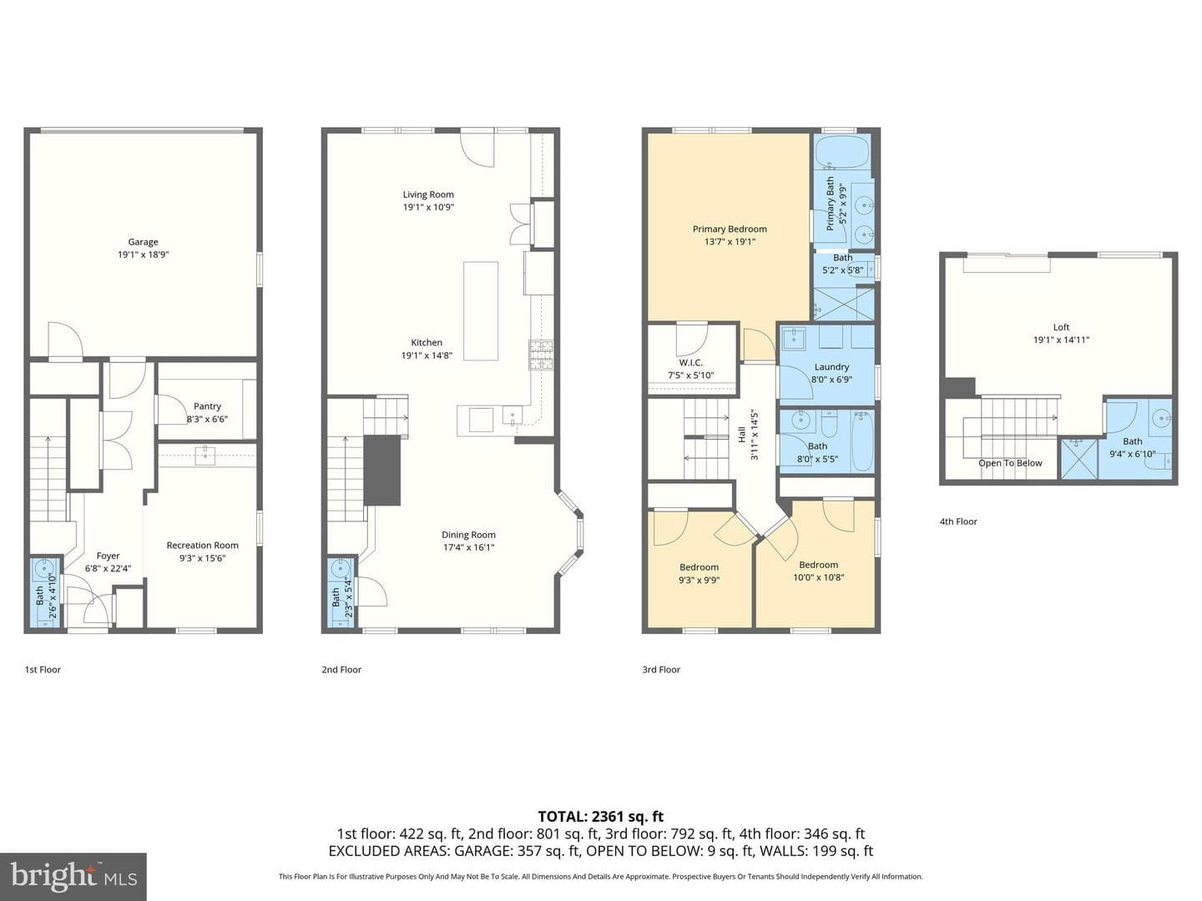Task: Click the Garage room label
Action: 143,242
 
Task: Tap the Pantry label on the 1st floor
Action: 207,406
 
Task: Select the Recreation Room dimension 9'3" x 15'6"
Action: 203,558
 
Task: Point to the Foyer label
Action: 108,556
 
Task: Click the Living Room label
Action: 428,194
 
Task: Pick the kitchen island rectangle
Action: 481,310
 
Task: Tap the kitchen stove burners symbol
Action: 541,355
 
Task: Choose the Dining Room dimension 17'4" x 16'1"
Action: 469,547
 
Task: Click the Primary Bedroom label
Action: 730,229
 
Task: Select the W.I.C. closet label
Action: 690,363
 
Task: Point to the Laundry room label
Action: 831,367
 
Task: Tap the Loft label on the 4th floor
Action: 1061,327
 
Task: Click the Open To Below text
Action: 1010,463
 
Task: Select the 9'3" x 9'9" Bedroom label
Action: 699,567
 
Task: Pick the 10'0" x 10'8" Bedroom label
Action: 818,565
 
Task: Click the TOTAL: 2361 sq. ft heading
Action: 601,817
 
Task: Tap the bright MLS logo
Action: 73,876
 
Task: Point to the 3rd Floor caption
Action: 661,670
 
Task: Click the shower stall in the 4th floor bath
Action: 1079,460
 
